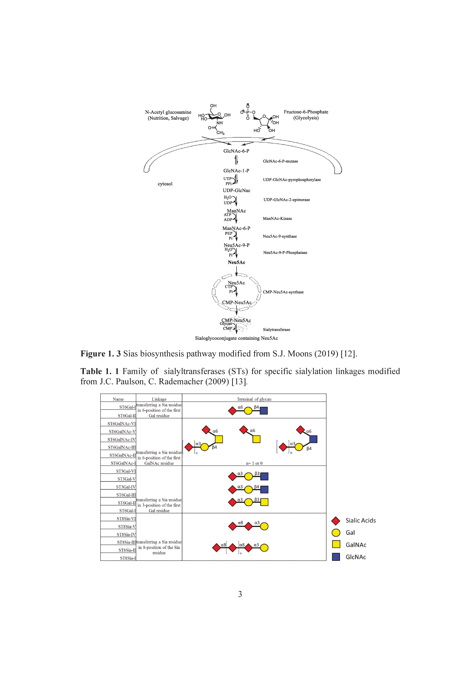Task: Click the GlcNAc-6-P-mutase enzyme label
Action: click(280, 161)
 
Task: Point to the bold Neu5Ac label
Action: click(236, 262)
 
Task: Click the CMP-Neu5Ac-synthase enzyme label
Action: click(283, 292)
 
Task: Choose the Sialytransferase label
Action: click(276, 330)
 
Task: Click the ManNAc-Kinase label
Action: click(277, 218)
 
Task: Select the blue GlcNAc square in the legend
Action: click(336, 557)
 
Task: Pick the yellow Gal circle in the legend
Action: click(336, 533)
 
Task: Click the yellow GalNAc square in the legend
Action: click(336, 544)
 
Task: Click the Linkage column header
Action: click(159, 399)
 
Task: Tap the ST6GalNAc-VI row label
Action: click(121, 424)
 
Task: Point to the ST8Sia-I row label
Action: click(128, 558)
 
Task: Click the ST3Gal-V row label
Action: click(126, 479)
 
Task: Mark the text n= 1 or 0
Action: click(254, 463)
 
